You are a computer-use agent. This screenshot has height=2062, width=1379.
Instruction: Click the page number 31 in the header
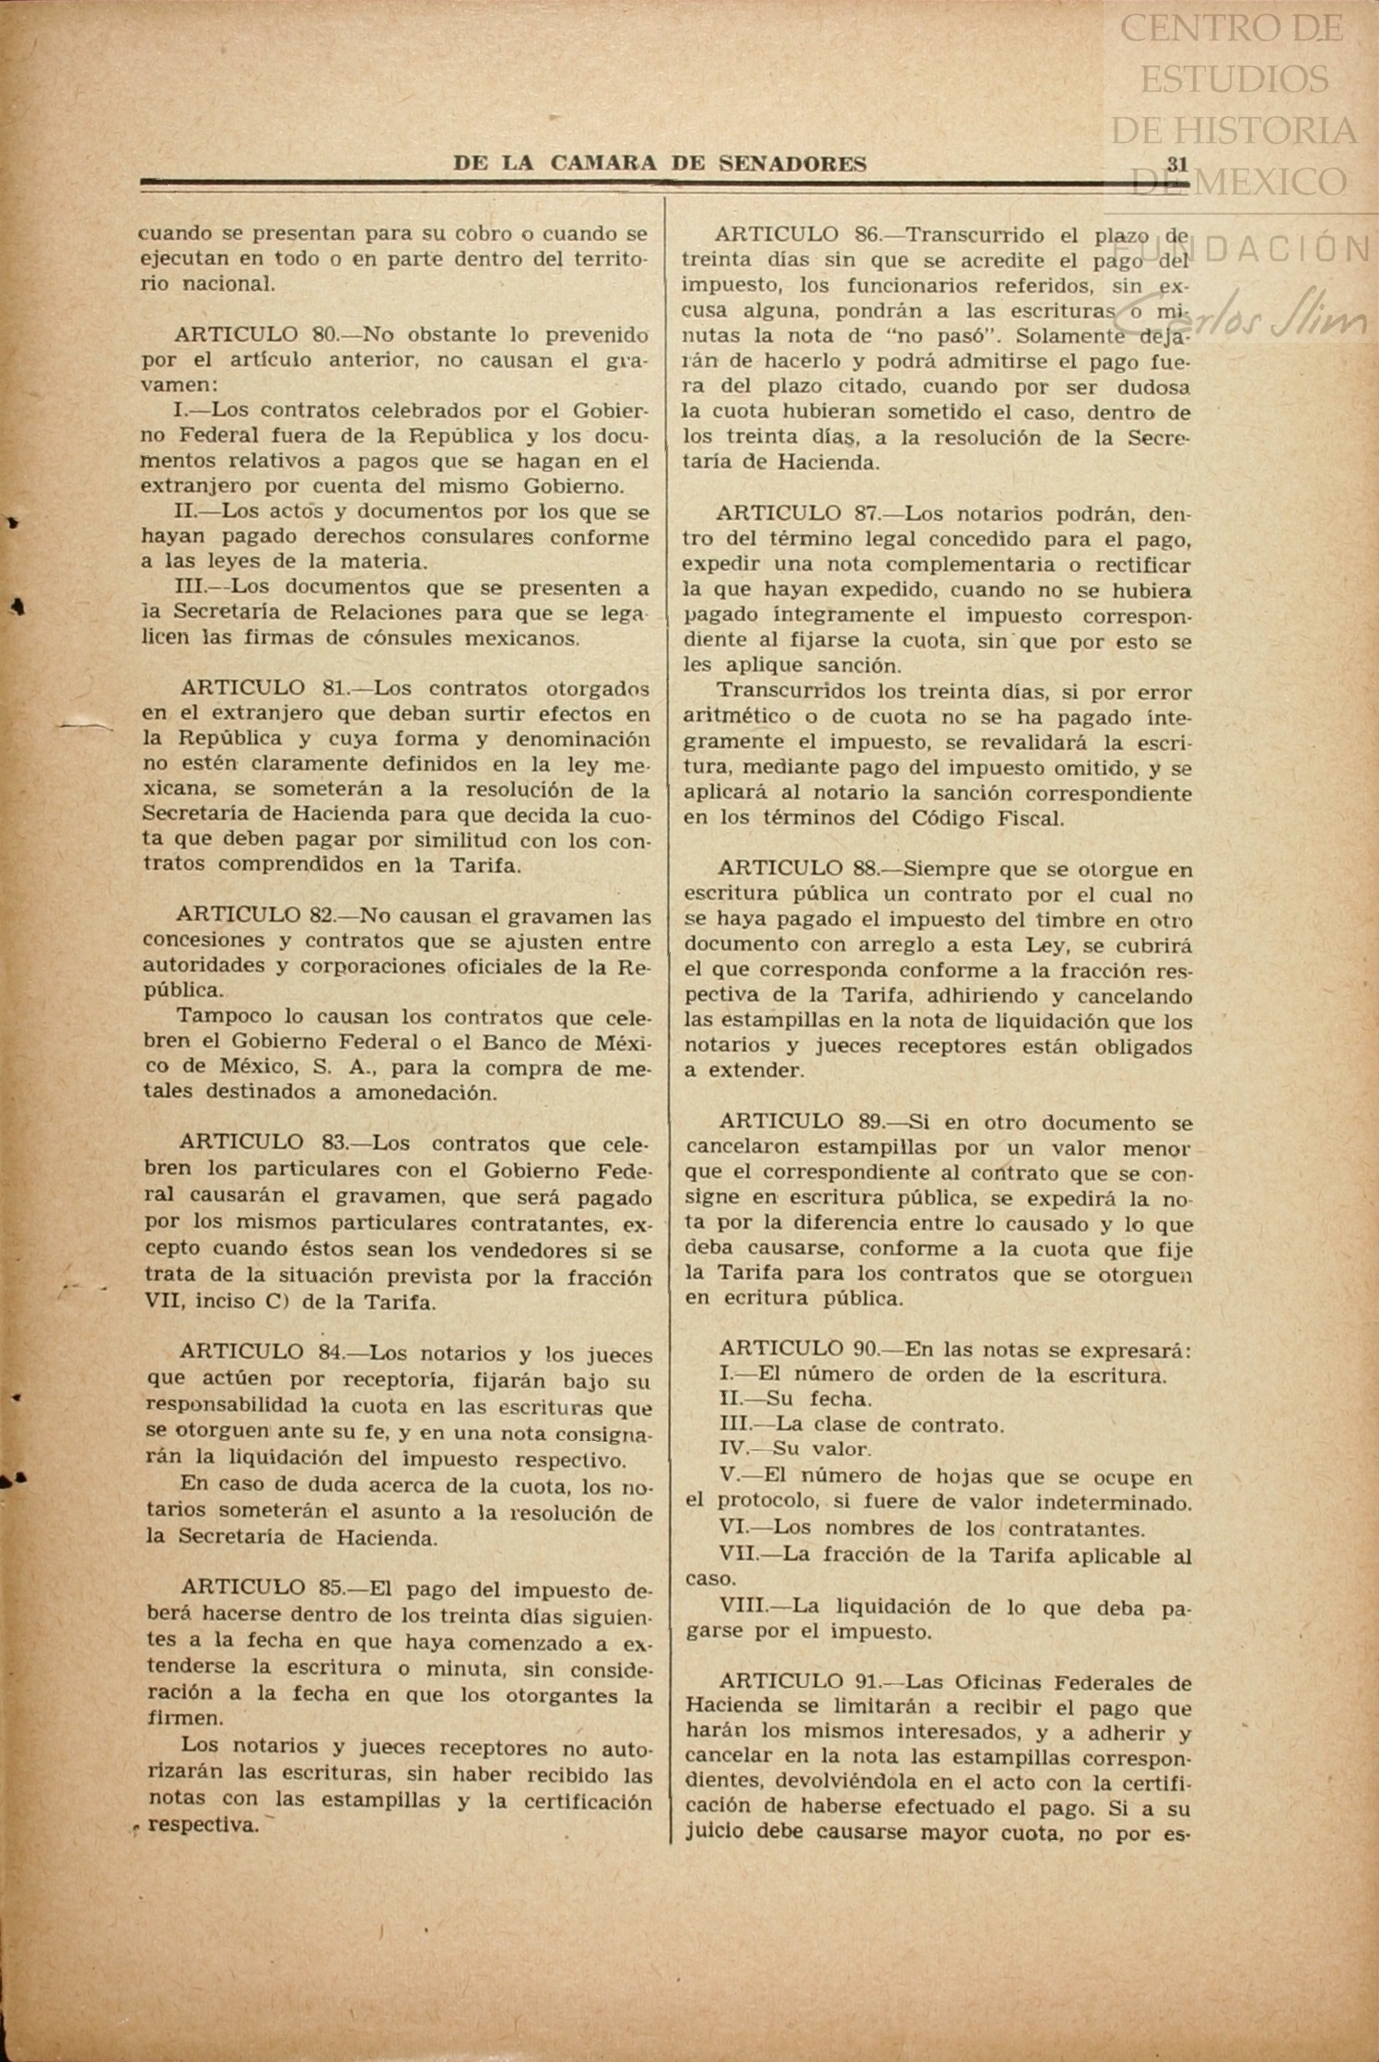[x=1176, y=164]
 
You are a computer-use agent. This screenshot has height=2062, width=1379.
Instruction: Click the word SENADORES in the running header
[x=792, y=164]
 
